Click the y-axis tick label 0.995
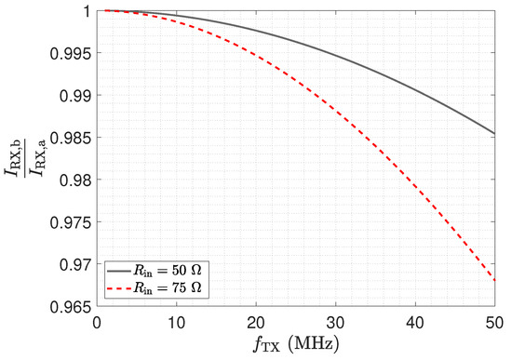tap(70, 53)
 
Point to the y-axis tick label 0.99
tap(75, 96)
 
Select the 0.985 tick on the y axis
tap(70, 138)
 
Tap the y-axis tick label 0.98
tap(75, 180)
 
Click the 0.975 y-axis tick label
tap(70, 222)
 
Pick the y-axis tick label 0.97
tap(75, 264)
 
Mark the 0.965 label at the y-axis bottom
tap(70, 307)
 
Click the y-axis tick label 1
tap(87, 11)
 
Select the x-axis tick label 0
tap(97, 323)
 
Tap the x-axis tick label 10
tap(176, 323)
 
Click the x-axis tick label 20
tap(256, 323)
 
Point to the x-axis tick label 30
tap(336, 323)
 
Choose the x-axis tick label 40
tap(415, 323)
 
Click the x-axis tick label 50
tap(494, 323)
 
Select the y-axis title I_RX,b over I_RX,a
tap(25, 157)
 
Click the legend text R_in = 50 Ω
tap(168, 271)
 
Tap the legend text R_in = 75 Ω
tap(168, 287)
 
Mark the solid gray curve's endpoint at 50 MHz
tap(494, 134)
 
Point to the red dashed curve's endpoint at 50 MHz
tap(494, 280)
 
